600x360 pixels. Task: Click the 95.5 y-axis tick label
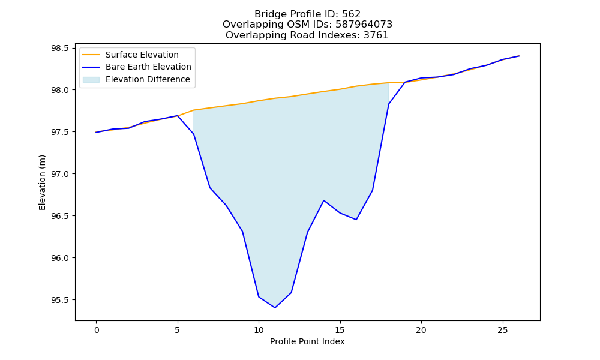(x=60, y=300)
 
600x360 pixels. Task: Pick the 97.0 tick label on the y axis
(x=60, y=174)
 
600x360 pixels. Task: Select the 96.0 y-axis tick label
(x=60, y=258)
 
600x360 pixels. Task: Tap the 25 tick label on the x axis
(x=503, y=330)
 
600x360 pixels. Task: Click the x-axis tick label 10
(x=259, y=330)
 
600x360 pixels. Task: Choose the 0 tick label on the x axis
(x=97, y=330)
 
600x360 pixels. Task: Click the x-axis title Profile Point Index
(x=307, y=341)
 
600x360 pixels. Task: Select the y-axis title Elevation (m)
(x=42, y=182)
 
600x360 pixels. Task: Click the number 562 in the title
(x=351, y=14)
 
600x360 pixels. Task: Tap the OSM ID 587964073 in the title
(x=364, y=25)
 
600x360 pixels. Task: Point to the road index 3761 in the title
(x=376, y=35)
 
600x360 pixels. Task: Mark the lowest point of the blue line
(x=275, y=308)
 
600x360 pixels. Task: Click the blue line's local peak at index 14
(x=324, y=200)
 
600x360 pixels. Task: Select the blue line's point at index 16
(x=356, y=220)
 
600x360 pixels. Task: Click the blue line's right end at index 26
(x=519, y=56)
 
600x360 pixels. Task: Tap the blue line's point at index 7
(x=210, y=187)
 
